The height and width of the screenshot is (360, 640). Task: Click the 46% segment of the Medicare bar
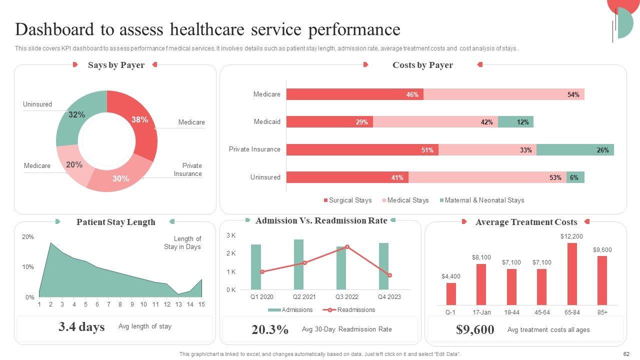(354, 94)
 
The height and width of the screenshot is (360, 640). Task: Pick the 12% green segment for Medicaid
(515, 122)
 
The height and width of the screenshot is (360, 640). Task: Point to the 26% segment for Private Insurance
(575, 150)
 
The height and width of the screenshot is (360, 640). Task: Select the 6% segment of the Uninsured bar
(575, 177)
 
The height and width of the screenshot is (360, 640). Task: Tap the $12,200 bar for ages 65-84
(572, 274)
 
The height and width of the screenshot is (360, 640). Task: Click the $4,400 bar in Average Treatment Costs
(451, 294)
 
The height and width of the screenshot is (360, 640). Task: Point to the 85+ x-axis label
(602, 312)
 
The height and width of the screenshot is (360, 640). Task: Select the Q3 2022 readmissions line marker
(347, 246)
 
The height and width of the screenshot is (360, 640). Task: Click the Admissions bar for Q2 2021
(298, 264)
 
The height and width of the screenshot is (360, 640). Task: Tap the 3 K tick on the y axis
(231, 235)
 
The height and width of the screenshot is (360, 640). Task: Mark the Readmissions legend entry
(355, 310)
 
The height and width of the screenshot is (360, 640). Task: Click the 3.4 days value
(81, 327)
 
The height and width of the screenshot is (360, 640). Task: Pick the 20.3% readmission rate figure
(270, 329)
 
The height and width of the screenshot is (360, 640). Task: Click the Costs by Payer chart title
(422, 65)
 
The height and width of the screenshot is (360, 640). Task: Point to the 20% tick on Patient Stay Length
(27, 237)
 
